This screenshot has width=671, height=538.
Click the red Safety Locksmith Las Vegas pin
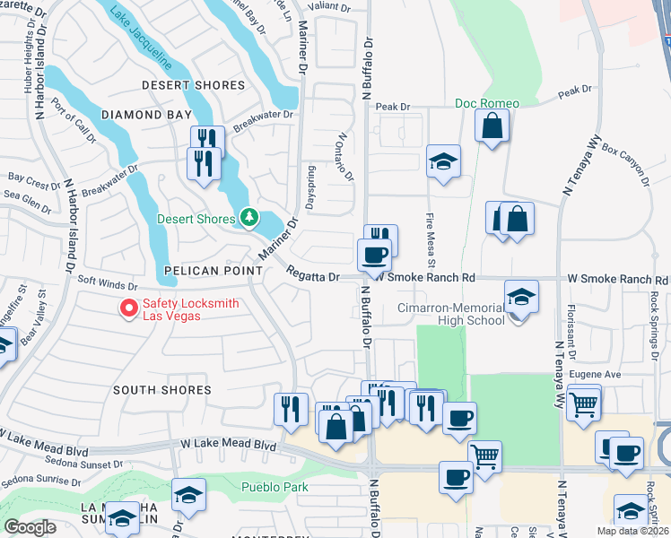(129, 308)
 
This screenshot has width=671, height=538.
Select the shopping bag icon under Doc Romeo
(492, 126)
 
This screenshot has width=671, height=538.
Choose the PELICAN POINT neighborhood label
(204, 270)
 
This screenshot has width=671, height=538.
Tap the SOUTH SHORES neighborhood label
(162, 390)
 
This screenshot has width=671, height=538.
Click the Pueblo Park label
(274, 487)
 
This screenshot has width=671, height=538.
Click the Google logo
(30, 527)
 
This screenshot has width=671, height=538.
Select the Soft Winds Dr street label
(107, 282)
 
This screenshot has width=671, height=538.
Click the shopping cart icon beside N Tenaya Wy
(584, 403)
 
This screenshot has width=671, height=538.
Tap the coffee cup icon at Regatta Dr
(374, 254)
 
